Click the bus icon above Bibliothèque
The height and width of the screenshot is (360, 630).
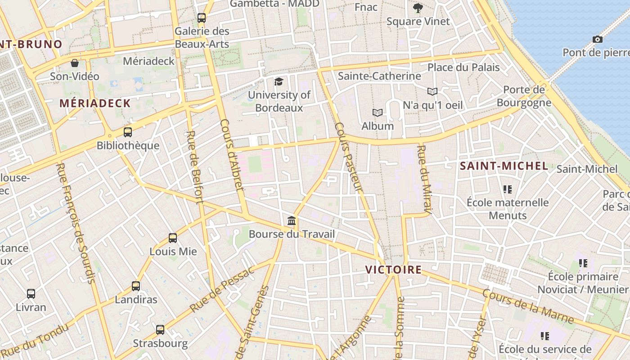coord(128,132)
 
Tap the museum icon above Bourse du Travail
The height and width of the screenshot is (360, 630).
coord(292,221)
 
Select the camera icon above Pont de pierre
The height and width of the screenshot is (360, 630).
coord(598,40)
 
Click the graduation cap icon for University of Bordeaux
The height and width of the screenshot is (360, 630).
coord(279,81)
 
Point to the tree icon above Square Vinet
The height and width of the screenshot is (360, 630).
coord(418,8)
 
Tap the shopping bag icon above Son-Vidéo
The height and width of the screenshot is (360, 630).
coord(75,63)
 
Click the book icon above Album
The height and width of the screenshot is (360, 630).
coord(377,112)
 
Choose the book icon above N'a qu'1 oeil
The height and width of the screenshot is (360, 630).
coord(432,92)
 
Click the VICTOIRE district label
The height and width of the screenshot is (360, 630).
coord(393,270)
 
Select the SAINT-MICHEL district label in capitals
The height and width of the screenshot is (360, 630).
coord(504,166)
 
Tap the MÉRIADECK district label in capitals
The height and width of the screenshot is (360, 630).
coord(95,103)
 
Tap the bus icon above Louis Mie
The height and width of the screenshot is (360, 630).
coord(173,238)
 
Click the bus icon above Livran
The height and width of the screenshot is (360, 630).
coord(31,294)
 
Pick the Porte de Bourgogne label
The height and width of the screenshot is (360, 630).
coord(524,96)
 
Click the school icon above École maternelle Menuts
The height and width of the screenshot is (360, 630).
coord(508,189)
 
